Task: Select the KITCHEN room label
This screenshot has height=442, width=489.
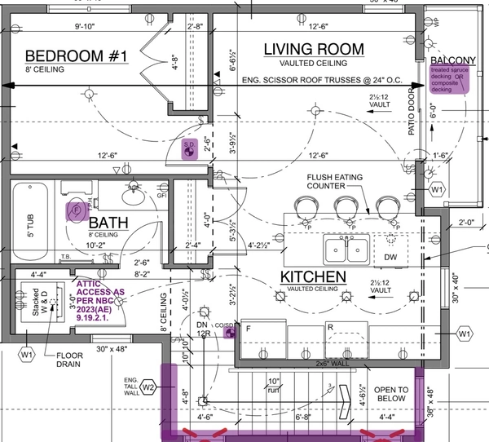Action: pyautogui.click(x=313, y=277)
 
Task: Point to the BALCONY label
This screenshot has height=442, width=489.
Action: pyautogui.click(x=454, y=60)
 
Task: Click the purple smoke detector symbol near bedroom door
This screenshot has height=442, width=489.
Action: pyautogui.click(x=188, y=149)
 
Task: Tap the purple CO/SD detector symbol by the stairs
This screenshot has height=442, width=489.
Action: pyautogui.click(x=230, y=331)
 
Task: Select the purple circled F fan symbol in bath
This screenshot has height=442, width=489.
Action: pyautogui.click(x=76, y=210)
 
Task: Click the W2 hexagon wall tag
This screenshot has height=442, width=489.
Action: pyautogui.click(x=148, y=387)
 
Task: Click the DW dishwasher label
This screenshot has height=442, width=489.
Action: pyautogui.click(x=390, y=258)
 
